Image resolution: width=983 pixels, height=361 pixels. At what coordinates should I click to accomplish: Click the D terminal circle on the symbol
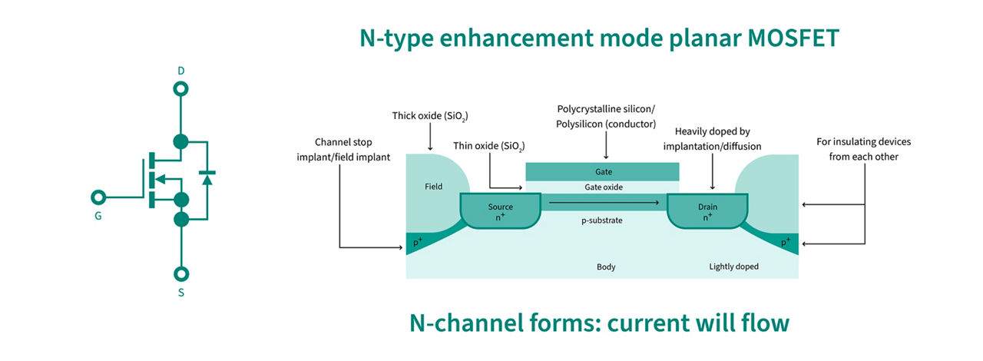click(x=181, y=89)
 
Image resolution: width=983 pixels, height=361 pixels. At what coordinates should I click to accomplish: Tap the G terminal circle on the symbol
click(x=98, y=196)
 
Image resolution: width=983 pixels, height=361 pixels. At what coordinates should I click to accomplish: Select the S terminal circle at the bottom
click(x=181, y=273)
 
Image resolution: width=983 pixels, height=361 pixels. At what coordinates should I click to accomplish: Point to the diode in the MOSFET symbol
click(x=206, y=178)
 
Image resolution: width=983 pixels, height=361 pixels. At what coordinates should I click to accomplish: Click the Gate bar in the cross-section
click(x=602, y=171)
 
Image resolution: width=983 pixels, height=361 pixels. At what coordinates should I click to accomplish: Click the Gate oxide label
click(x=602, y=187)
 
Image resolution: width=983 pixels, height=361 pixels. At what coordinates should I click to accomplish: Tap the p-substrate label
click(x=601, y=220)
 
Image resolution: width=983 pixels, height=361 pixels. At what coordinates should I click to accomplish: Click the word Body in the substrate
click(x=606, y=267)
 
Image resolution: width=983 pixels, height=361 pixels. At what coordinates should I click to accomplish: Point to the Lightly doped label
click(x=733, y=267)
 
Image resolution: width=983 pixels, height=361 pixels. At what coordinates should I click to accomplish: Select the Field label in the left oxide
click(x=433, y=187)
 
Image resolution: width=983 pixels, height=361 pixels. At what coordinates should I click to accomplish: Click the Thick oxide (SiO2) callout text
click(x=429, y=117)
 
